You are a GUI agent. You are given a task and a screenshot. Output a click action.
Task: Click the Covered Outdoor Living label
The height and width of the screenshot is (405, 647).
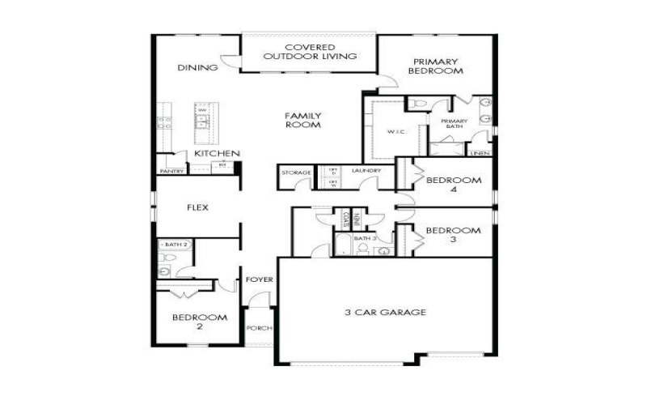310,52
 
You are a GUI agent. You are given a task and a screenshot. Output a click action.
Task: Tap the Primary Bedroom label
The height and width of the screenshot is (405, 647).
436,66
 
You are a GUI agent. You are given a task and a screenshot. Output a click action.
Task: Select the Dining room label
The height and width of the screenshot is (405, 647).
197,68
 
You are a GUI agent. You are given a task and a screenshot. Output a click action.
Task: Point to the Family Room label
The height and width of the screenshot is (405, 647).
303,120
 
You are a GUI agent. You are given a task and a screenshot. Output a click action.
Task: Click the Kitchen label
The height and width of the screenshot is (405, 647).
217,153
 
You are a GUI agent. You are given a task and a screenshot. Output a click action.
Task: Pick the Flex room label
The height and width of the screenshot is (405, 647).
197,207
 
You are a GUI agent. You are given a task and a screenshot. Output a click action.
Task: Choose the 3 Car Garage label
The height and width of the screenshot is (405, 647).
384,312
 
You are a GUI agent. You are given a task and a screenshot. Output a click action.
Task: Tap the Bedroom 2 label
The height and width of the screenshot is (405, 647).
199,322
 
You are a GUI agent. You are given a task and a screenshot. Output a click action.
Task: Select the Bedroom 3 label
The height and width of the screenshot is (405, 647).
453,235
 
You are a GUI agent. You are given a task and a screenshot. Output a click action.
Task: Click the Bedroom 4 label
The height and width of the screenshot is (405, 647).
453,184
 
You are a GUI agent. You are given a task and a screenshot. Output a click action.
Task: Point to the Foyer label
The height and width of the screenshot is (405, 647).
260,279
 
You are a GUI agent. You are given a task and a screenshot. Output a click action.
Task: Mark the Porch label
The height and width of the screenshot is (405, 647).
260,328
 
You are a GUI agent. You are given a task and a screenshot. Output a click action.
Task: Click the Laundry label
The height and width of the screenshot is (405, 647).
366,171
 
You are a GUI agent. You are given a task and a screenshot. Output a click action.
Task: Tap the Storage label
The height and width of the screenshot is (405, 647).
291,173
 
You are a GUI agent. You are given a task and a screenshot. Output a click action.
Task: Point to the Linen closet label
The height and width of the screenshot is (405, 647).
480,153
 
